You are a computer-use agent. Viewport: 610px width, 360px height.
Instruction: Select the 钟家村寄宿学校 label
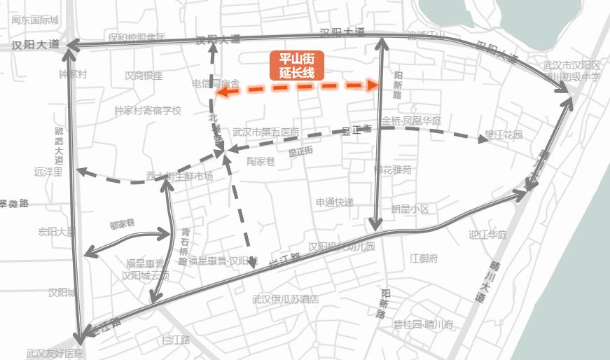[148, 110]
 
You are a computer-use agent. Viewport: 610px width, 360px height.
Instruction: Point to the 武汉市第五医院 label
[265, 132]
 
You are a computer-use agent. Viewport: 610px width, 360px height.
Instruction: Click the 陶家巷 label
[261, 161]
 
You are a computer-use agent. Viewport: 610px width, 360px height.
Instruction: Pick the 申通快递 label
[334, 202]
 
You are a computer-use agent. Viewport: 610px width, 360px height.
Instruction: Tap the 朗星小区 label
[410, 209]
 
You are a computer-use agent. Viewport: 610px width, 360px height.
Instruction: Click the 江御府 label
[424, 258]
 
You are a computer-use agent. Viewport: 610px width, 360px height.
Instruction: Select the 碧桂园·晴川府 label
[424, 324]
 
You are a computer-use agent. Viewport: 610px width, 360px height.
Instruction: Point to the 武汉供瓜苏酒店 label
[286, 299]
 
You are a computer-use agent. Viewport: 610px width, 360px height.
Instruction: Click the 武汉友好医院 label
[55, 354]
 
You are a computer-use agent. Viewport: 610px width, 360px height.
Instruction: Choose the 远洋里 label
[48, 171]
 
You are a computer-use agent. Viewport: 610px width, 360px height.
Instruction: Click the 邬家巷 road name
[122, 225]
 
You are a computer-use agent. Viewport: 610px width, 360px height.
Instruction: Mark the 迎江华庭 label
[487, 235]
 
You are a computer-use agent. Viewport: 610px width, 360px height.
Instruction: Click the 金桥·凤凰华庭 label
[412, 121]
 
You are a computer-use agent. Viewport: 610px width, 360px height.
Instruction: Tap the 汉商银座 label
[144, 76]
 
